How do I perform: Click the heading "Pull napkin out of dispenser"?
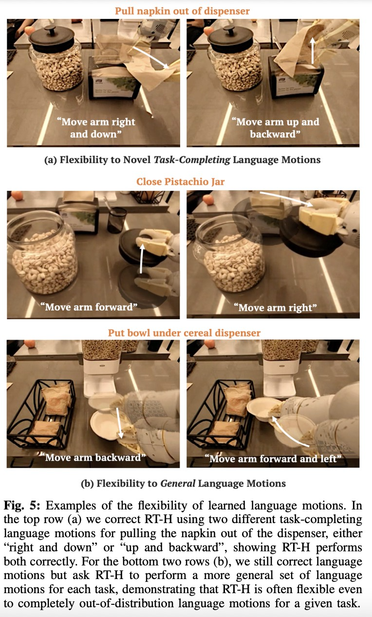click(182, 11)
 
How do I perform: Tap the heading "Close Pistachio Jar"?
click(181, 182)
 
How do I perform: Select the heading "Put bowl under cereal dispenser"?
click(184, 333)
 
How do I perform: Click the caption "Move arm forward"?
click(89, 307)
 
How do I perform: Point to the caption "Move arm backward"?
click(93, 457)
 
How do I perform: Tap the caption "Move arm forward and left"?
click(273, 459)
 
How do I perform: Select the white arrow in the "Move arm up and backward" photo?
click(312, 51)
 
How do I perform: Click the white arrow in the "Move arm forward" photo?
click(141, 259)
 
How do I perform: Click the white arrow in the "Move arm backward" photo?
click(119, 423)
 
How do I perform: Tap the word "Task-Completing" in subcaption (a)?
click(192, 160)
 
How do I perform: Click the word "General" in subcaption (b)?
click(178, 483)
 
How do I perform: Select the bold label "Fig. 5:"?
click(22, 506)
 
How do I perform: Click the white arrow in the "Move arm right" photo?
click(286, 199)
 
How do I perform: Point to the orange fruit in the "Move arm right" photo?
click(208, 200)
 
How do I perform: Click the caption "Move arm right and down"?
click(95, 128)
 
